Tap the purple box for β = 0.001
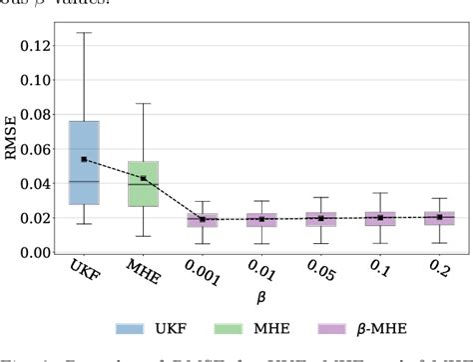[x=203, y=220]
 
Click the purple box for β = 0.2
[x=439, y=217]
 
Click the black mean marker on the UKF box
[x=84, y=159]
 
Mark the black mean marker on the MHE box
[x=143, y=178]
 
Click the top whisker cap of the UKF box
[x=84, y=33]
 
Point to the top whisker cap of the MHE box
[x=143, y=103]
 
